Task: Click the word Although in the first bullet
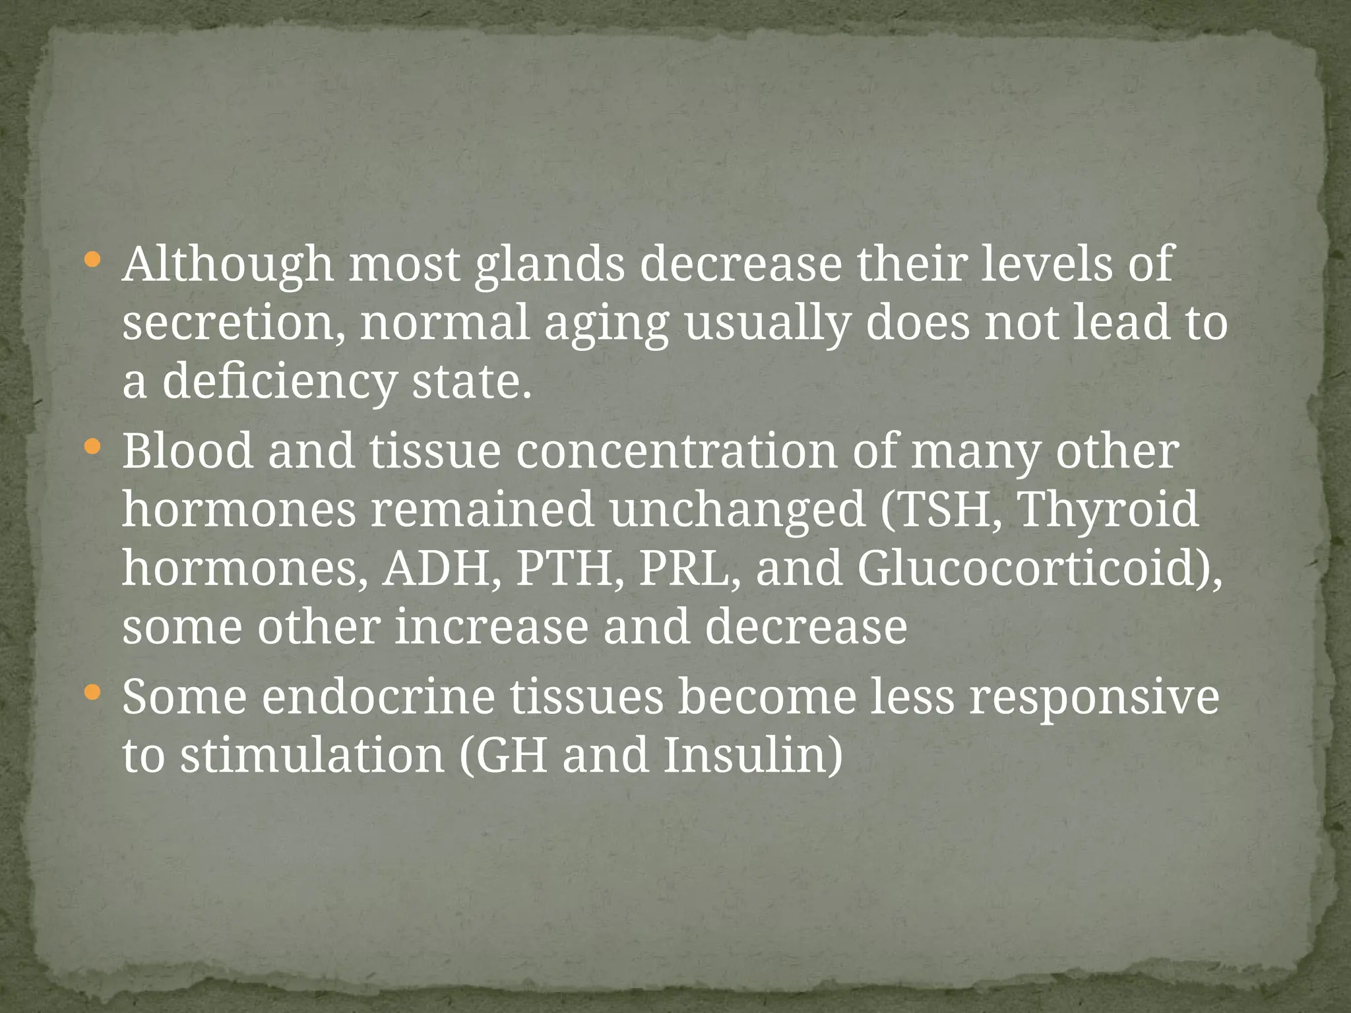[x=228, y=264]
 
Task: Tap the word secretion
[x=234, y=323]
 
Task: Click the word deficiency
[x=278, y=383]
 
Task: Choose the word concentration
[x=676, y=452]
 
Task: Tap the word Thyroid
[x=1108, y=510]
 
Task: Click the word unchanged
[x=737, y=510]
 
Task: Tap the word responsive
[x=1094, y=698]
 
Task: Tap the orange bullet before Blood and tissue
[x=93, y=448]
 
